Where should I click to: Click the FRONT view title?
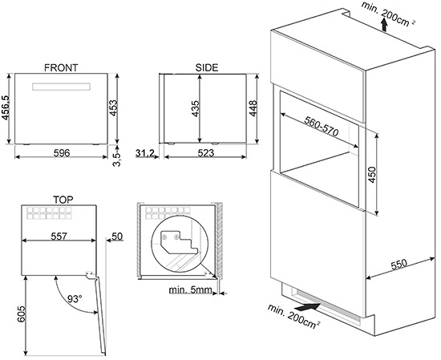[62, 68]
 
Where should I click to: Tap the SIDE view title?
[207, 68]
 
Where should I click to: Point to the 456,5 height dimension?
[7, 109]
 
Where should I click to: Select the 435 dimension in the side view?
[195, 109]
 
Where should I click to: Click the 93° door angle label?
[75, 298]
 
